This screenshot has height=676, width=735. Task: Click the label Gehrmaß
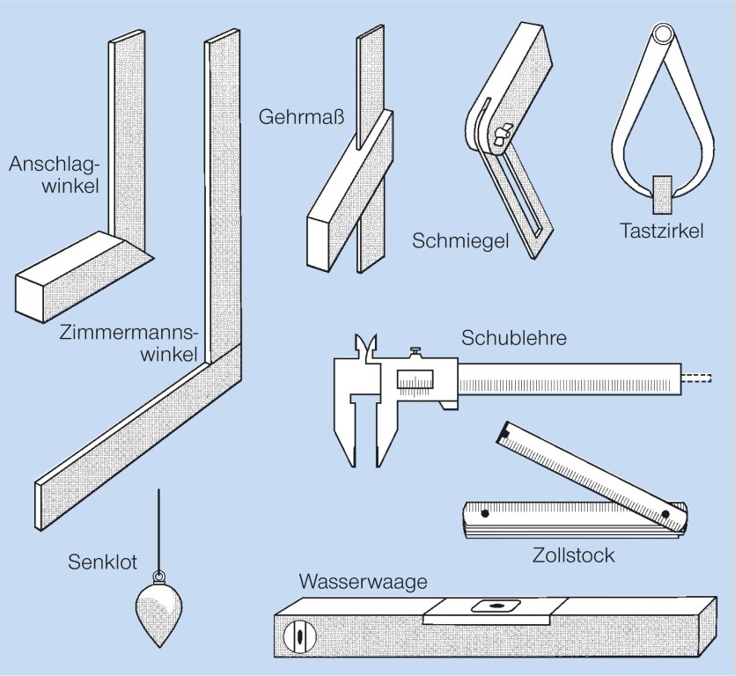point(301,117)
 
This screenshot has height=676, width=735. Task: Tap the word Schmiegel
point(460,241)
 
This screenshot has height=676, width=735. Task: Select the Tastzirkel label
point(661,231)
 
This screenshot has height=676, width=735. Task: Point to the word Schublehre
point(514,338)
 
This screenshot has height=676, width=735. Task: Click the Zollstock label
point(573,555)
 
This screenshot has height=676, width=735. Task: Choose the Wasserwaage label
point(364,582)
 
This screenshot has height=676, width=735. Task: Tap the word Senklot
point(102,562)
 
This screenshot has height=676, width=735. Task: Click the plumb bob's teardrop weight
point(159,614)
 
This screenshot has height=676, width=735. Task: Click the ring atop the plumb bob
point(159,576)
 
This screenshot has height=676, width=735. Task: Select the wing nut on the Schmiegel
point(501,135)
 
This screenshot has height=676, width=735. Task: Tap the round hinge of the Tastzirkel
point(664,34)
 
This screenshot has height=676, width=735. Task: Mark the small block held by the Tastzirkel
point(663,195)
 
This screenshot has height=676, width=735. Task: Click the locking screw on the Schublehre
point(415,351)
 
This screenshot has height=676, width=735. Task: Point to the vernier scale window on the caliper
point(415,379)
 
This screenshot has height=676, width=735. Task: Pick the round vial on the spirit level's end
point(300,636)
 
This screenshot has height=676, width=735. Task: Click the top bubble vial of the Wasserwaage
point(496,606)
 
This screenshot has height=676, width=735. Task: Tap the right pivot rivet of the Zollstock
point(665,514)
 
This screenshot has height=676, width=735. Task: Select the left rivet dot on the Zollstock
point(485,513)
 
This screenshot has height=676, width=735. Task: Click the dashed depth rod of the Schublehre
point(697,378)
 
